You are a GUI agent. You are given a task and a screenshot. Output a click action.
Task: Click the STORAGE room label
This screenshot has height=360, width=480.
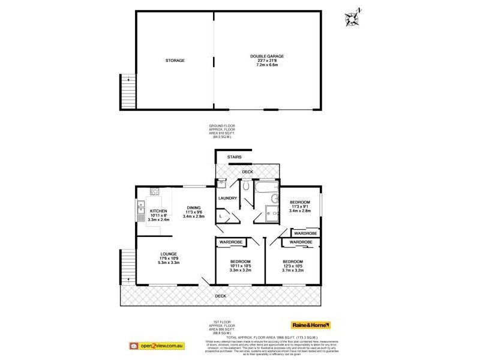point(175,61)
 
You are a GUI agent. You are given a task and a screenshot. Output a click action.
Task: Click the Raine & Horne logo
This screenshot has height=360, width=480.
point(310,325)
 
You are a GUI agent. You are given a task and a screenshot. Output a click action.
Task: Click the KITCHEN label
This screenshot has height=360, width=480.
point(158,211)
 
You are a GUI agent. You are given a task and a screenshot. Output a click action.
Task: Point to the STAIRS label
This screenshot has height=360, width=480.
point(235,157)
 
